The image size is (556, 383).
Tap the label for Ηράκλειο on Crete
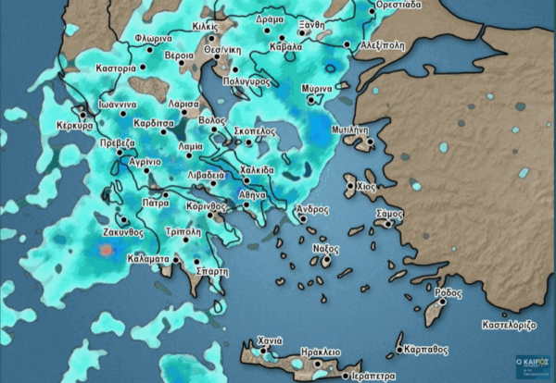321,352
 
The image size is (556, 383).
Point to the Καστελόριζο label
510,326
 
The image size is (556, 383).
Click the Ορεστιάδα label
398,5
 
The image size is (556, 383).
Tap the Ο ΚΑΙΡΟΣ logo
532,364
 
